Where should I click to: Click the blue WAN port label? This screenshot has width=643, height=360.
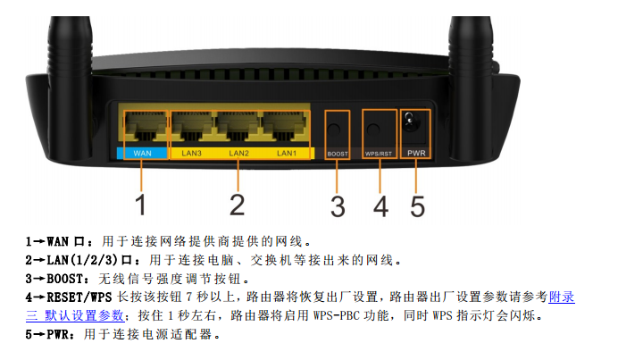click(142, 154)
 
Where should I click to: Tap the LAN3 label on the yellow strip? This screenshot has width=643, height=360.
click(191, 154)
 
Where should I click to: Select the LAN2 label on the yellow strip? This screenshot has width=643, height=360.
click(238, 154)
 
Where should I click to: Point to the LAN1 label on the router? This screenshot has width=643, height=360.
click(287, 154)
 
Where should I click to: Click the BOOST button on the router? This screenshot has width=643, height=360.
click(334, 130)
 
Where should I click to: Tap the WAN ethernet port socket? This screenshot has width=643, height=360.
click(146, 126)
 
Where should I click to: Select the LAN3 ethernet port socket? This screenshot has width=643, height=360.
click(192, 126)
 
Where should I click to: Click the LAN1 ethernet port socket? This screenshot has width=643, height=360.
click(285, 126)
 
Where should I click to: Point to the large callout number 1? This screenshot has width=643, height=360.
click(141, 205)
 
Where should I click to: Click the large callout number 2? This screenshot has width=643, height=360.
click(237, 205)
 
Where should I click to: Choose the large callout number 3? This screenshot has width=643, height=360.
click(338, 206)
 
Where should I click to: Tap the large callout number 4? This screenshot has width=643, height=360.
click(381, 206)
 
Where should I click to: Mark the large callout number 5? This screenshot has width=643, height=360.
click(417, 206)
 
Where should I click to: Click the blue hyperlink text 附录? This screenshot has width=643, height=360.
click(562, 297)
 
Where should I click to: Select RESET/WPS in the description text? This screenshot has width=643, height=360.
click(79, 297)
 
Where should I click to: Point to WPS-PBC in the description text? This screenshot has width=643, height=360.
click(337, 315)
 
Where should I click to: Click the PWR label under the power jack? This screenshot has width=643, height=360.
click(416, 153)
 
